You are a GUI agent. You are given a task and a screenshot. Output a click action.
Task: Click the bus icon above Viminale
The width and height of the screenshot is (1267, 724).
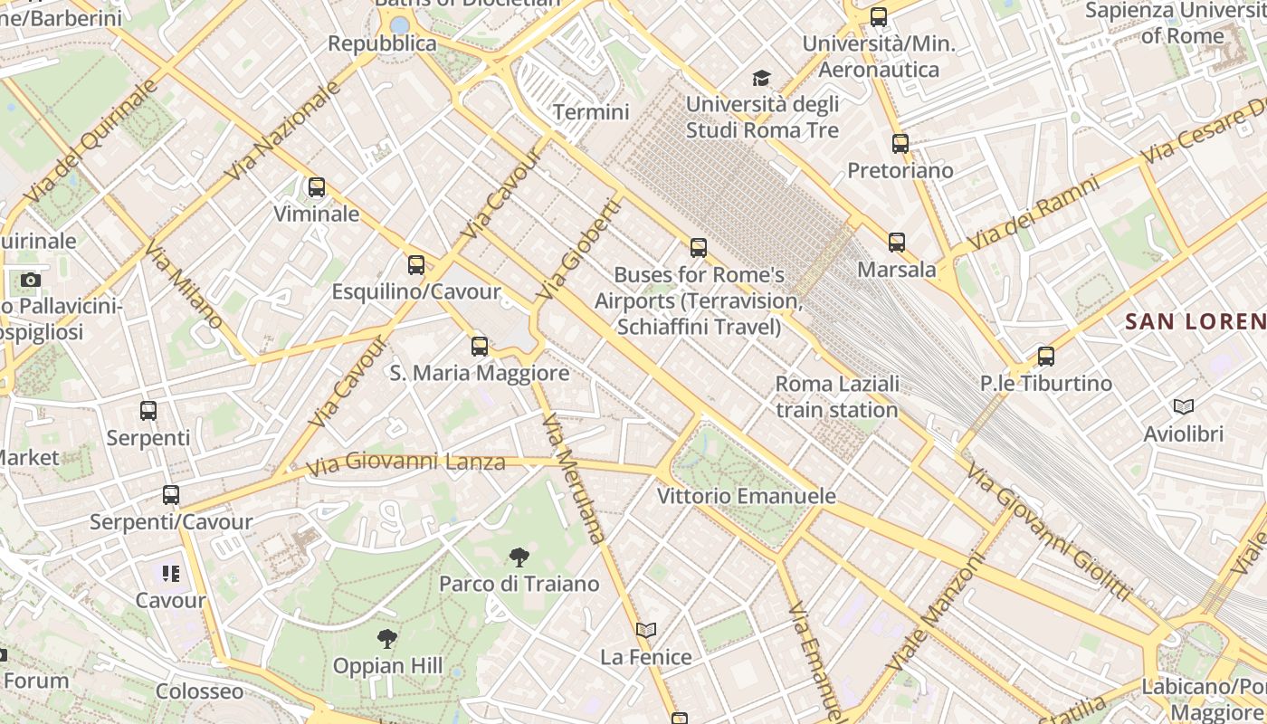click(x=316, y=187)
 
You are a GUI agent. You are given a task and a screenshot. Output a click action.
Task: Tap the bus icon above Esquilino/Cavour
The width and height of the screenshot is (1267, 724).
click(x=416, y=265)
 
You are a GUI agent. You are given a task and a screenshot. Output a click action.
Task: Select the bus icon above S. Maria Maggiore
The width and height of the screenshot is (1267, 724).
click(x=480, y=346)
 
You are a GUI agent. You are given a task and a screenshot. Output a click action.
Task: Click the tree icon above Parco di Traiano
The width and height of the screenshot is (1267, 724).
click(x=519, y=557)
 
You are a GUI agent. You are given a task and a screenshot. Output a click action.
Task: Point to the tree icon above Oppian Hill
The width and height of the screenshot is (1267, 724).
click(x=387, y=639)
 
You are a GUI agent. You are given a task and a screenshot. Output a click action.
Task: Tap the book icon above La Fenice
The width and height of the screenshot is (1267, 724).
click(x=646, y=630)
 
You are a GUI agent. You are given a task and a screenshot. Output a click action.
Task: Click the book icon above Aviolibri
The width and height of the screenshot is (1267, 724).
click(x=1183, y=407)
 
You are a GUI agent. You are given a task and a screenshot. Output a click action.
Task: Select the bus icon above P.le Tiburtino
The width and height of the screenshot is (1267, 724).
click(x=1046, y=356)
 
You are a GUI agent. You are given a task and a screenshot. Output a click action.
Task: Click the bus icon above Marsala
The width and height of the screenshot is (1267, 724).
click(x=897, y=242)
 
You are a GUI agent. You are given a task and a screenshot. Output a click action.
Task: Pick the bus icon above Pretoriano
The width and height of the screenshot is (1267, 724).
click(x=900, y=143)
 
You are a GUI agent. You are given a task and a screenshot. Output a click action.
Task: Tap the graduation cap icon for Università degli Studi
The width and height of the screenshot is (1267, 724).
click(x=762, y=78)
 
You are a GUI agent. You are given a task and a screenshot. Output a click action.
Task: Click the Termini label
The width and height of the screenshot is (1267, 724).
click(x=591, y=112)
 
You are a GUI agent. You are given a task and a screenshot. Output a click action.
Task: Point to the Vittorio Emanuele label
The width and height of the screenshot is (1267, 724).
click(x=747, y=496)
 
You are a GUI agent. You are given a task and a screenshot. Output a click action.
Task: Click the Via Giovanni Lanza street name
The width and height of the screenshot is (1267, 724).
click(x=405, y=463)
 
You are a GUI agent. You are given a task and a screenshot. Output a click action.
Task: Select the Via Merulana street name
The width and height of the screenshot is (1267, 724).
click(x=573, y=478)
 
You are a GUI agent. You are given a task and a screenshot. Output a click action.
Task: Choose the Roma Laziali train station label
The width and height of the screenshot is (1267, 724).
click(x=837, y=396)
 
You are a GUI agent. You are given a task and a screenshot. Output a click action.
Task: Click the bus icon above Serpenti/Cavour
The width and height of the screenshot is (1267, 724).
click(x=171, y=495)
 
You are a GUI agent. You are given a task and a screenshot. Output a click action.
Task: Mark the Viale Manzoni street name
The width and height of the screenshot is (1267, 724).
click(x=935, y=612)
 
